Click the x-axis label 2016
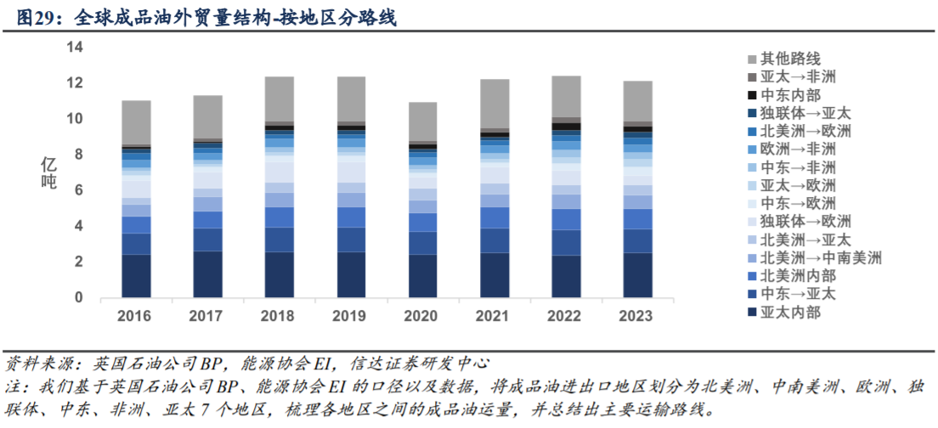pyautogui.click(x=136, y=316)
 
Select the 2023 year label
pyautogui.click(x=636, y=316)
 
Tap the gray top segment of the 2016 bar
pyautogui.click(x=136, y=123)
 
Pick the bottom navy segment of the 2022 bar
pyautogui.click(x=565, y=277)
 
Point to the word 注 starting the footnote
pyautogui.click(x=13, y=387)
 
